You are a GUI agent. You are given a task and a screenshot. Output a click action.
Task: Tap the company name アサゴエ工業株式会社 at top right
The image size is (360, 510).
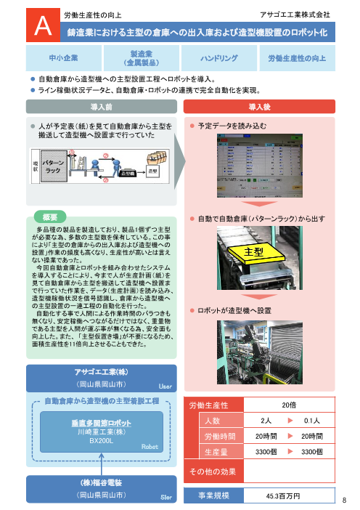click(x=295, y=14)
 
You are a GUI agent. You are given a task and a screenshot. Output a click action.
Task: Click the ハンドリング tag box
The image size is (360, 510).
click(x=221, y=58)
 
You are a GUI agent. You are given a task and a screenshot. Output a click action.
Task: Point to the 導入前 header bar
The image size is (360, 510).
click(x=101, y=107)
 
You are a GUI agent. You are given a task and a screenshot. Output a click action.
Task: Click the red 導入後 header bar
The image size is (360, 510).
click(x=259, y=107)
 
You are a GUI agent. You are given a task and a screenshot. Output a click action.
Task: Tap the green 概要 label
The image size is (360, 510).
click(x=50, y=216)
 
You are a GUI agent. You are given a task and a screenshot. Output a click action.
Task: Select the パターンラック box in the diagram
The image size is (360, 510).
click(x=53, y=165)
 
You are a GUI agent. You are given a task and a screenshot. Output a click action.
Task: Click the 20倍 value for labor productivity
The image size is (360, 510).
click(x=288, y=405)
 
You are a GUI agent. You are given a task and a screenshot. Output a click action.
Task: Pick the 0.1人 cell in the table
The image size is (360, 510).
click(x=313, y=421)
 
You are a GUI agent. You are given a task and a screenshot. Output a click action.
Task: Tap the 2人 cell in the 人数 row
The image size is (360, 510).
click(x=266, y=421)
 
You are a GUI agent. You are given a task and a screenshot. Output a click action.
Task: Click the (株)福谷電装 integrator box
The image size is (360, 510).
click(x=101, y=488)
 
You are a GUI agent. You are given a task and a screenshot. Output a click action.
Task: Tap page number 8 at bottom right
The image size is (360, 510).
click(x=346, y=500)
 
